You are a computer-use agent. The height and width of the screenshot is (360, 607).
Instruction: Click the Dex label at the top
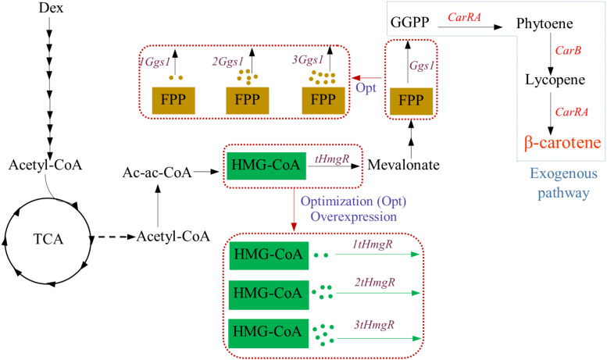click(50, 9)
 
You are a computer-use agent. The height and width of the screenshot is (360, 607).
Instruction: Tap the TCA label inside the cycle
click(49, 235)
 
